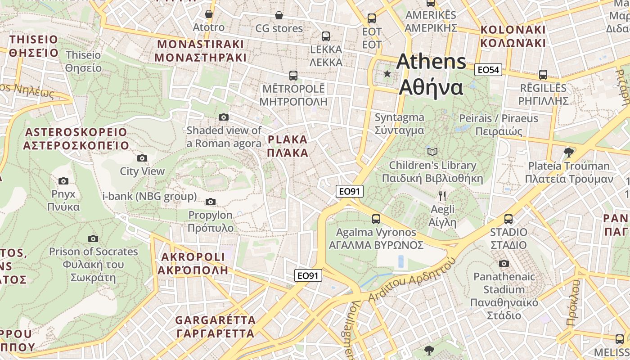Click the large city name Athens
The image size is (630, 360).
click(431, 62)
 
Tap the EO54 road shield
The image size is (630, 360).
click(488, 70)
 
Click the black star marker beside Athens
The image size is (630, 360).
click(387, 73)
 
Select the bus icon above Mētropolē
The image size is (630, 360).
click(293, 75)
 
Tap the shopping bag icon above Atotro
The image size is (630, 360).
click(208, 14)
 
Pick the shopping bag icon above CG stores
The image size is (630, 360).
click(279, 15)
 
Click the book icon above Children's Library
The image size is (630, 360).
click(432, 152)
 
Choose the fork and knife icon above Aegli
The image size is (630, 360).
click(442, 196)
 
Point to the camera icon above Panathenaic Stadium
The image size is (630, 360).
click(504, 263)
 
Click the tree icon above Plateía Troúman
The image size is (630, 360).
click(569, 152)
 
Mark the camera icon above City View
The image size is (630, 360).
click(142, 158)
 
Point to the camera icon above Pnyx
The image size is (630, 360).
click(63, 181)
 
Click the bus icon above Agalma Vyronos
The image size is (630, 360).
click(376, 219)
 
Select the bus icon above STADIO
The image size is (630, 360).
click(508, 219)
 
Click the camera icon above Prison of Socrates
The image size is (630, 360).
click(93, 238)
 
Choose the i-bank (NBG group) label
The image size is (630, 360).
click(149, 196)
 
